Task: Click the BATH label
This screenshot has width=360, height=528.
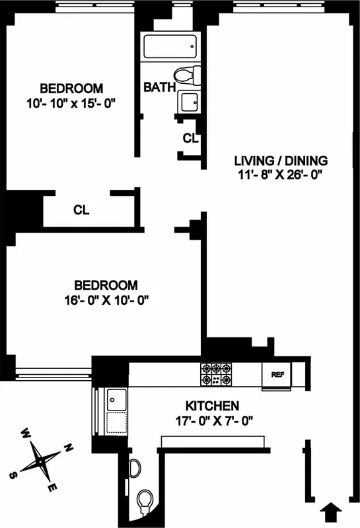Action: (x=159, y=86)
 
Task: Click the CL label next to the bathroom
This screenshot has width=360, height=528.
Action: (x=190, y=139)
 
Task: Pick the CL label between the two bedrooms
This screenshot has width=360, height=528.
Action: (x=81, y=211)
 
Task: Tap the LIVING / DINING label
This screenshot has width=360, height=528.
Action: (x=282, y=160)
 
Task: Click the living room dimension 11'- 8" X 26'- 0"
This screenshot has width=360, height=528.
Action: (x=282, y=175)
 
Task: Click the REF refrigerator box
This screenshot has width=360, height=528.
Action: (x=277, y=374)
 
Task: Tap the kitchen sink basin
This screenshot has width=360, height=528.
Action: (x=117, y=399)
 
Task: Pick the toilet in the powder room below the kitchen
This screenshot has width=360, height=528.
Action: (x=145, y=502)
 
